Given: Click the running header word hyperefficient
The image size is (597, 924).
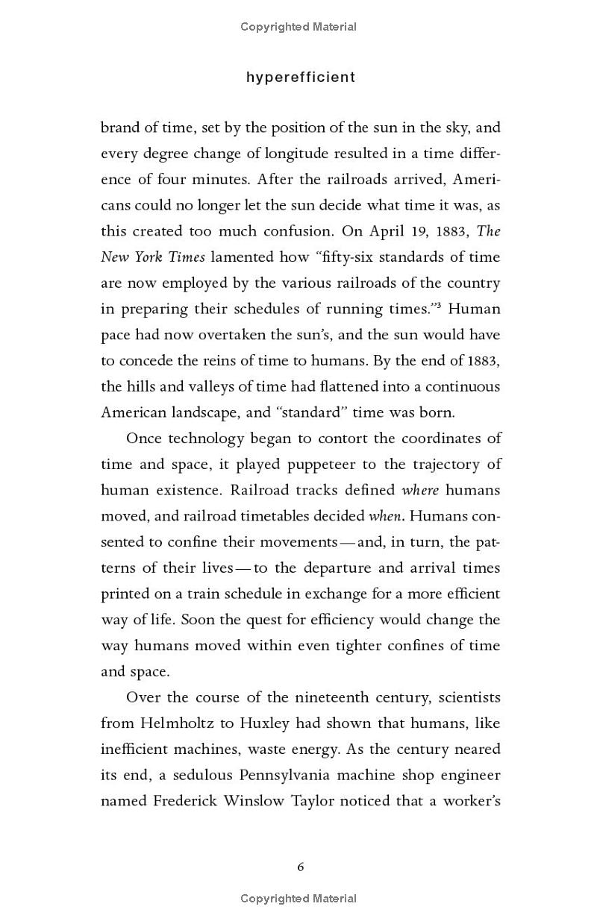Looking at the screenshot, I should click(x=301, y=78).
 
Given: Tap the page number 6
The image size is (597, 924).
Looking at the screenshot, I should click(x=300, y=867).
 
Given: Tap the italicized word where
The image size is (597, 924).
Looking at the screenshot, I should click(x=420, y=491).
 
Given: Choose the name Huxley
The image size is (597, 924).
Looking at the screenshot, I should click(x=277, y=723).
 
